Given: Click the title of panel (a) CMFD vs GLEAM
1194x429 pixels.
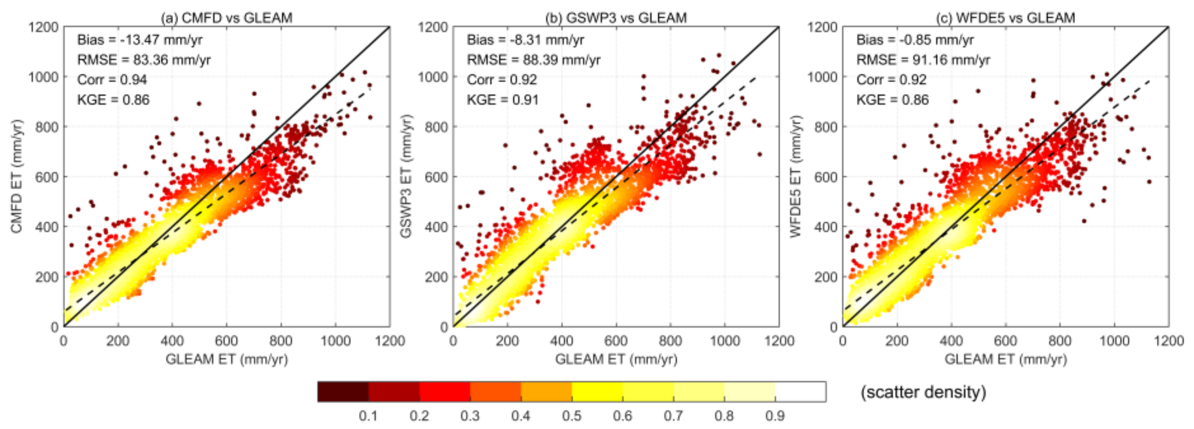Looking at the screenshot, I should point(226,18).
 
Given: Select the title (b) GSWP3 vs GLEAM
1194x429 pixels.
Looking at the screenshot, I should point(616,18).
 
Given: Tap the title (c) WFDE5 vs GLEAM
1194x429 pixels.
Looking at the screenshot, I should point(1005,18).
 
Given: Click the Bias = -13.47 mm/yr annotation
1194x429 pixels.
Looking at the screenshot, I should point(140,40).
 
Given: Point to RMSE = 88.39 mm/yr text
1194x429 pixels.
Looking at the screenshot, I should point(534,60).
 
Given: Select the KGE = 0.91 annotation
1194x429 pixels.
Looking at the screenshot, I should point(503,100).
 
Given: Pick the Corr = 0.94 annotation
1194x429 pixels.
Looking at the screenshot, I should point(112,80).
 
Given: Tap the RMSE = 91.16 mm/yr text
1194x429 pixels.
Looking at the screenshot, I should point(923,60).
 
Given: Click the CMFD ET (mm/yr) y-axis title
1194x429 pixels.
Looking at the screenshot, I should point(17,176).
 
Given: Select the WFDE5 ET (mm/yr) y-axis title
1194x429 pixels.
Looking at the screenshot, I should point(796,176).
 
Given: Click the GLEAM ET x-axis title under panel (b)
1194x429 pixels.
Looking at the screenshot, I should point(616,359).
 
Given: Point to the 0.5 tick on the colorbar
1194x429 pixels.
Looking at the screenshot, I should point(572,415).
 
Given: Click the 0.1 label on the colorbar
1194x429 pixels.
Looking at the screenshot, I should point(368,415).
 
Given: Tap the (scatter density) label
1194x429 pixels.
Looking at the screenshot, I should point(923,392).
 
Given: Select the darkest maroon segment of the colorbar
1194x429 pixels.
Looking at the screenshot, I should point(343,391).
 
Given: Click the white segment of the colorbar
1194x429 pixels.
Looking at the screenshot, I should point(801,391).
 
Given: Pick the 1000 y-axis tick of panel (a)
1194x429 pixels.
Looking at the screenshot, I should point(43,77).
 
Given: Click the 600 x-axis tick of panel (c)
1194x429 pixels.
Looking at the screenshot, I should point(1005,341).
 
